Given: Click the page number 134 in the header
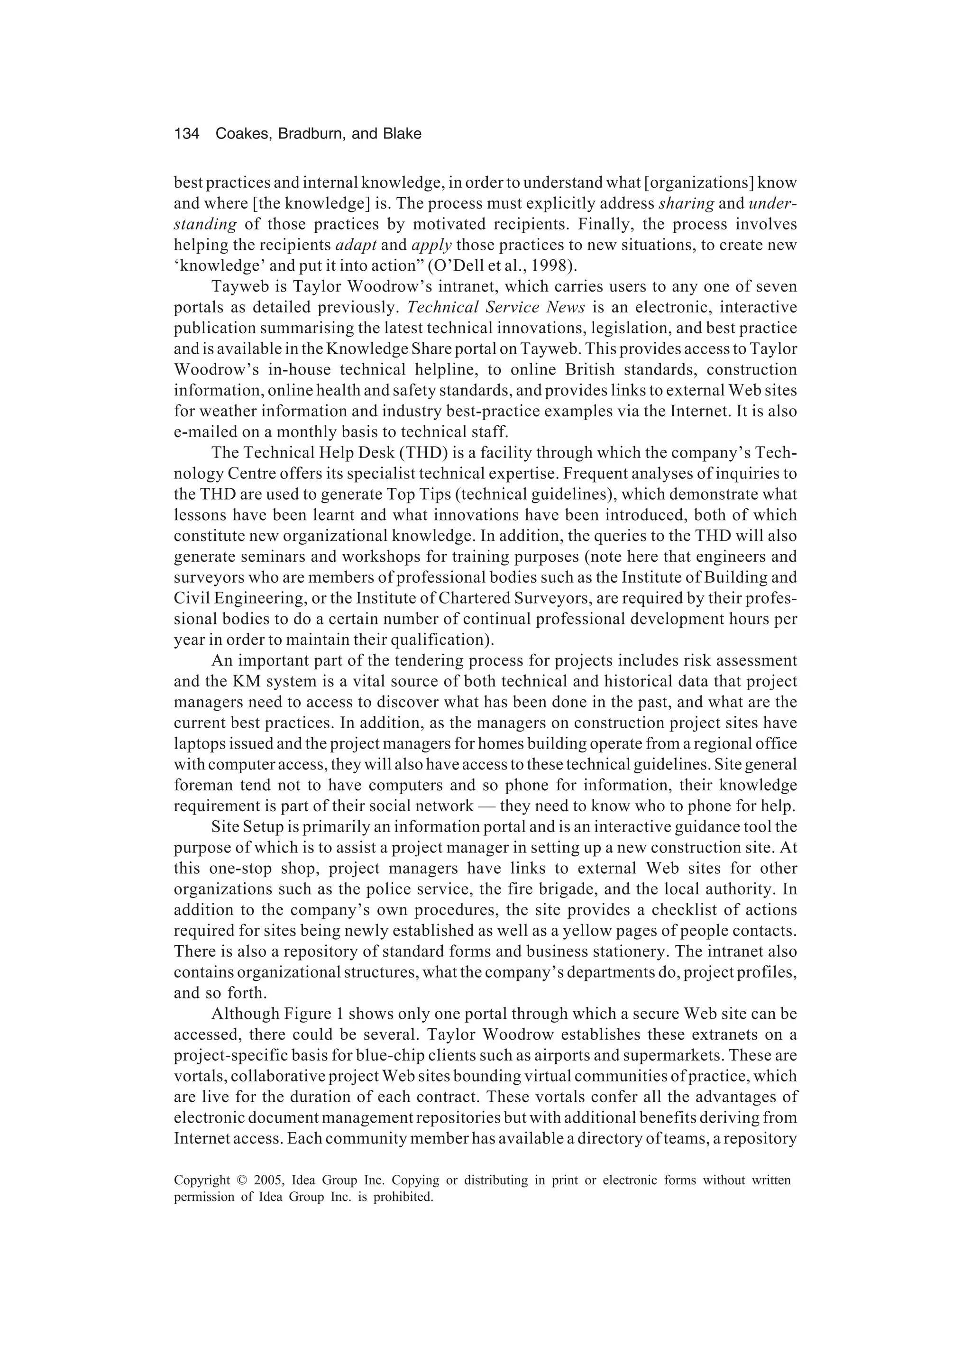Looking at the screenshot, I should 186,134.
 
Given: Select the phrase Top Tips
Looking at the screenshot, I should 413,494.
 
